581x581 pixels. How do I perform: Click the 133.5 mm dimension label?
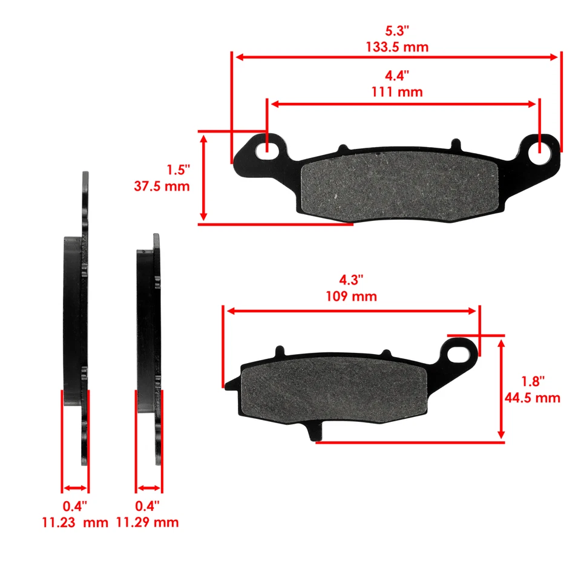coord(397,47)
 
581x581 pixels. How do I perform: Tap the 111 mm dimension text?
coord(397,92)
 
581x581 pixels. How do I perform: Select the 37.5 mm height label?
coord(162,186)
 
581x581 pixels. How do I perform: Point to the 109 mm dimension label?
coord(350,297)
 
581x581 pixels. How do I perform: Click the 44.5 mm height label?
coord(532,398)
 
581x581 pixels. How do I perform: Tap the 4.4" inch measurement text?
coord(397,76)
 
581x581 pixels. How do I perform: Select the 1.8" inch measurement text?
coord(533,381)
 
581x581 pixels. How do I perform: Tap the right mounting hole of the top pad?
coord(540,151)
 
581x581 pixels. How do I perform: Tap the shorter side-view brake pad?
coord(149,339)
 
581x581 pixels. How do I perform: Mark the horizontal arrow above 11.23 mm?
coord(76,488)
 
